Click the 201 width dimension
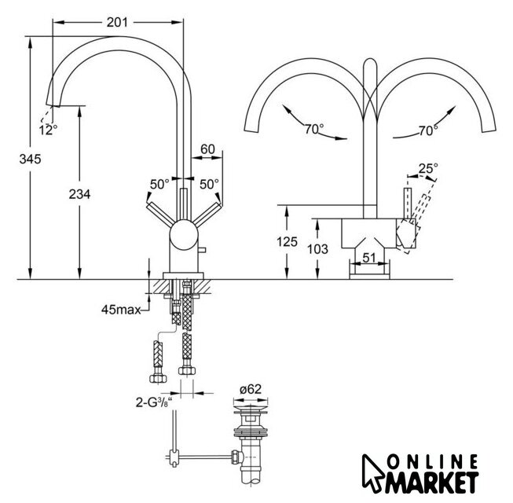pos(118,22)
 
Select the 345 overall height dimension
pos(31,159)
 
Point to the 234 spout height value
pos(79,194)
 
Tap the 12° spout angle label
pos(48,130)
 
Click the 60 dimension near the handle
pos(207,149)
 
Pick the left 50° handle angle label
pos(159,184)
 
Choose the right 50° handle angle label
pos(209,184)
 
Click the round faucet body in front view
pos(184,235)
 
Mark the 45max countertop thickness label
pos(121,310)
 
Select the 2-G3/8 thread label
pos(154,402)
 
